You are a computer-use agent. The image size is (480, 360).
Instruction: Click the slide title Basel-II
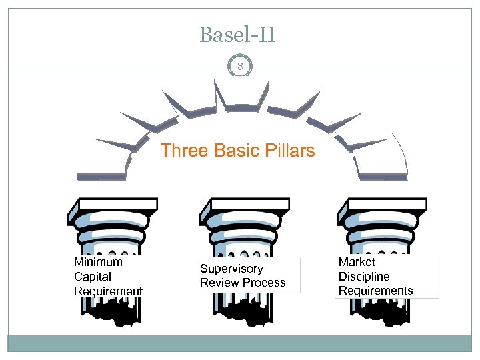[x=237, y=35]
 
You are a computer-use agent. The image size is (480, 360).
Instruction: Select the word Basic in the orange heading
[x=237, y=151]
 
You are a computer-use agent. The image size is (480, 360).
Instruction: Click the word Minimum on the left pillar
[x=98, y=262]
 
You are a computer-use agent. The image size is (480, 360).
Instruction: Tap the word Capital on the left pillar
[x=93, y=277]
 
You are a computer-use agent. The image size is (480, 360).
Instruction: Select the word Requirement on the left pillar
[x=108, y=291]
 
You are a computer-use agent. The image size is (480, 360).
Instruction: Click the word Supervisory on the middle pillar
[x=231, y=269]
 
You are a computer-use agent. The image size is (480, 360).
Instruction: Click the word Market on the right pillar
[x=357, y=262]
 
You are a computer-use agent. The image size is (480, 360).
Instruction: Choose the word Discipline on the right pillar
[x=364, y=277]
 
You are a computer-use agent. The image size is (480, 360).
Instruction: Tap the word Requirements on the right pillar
[x=375, y=291]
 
